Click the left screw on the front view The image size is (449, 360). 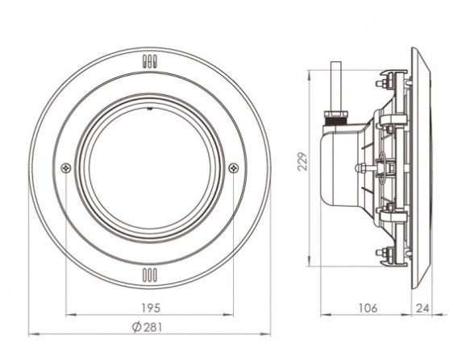(x=65, y=168)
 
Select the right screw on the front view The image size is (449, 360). (x=233, y=168)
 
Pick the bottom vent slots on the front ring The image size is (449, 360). (x=149, y=275)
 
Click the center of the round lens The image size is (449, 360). (x=149, y=168)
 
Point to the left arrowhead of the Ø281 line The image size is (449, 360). (x=31, y=333)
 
